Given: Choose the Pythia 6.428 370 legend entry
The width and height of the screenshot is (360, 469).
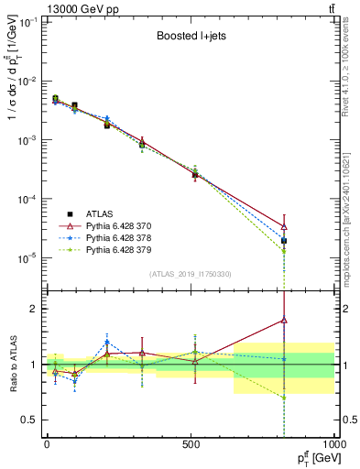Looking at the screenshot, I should (x=119, y=224).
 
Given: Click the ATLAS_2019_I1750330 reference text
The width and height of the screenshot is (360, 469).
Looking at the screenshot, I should (x=190, y=274).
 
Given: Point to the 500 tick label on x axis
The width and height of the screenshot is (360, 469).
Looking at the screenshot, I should (x=191, y=442).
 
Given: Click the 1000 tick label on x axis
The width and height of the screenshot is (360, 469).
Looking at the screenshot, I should (x=332, y=442).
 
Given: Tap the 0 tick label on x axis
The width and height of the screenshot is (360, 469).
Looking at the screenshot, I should (x=46, y=442).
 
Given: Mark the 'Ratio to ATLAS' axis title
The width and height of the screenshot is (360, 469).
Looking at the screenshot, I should (x=12, y=364).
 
